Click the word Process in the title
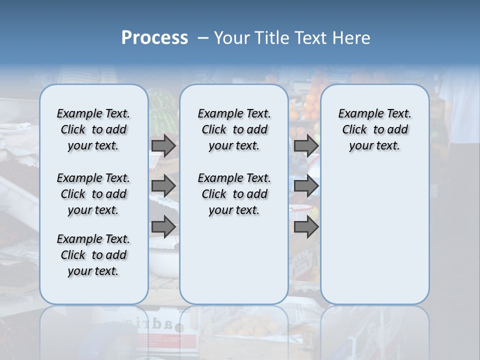154,37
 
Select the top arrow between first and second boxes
163,145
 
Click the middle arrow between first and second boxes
163,186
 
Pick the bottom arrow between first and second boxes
163,226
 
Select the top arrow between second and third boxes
306,145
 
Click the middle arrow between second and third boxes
306,186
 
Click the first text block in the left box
93,129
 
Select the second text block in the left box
93,194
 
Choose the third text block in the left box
93,255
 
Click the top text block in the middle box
234,129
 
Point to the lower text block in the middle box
234,194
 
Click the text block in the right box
374,129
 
